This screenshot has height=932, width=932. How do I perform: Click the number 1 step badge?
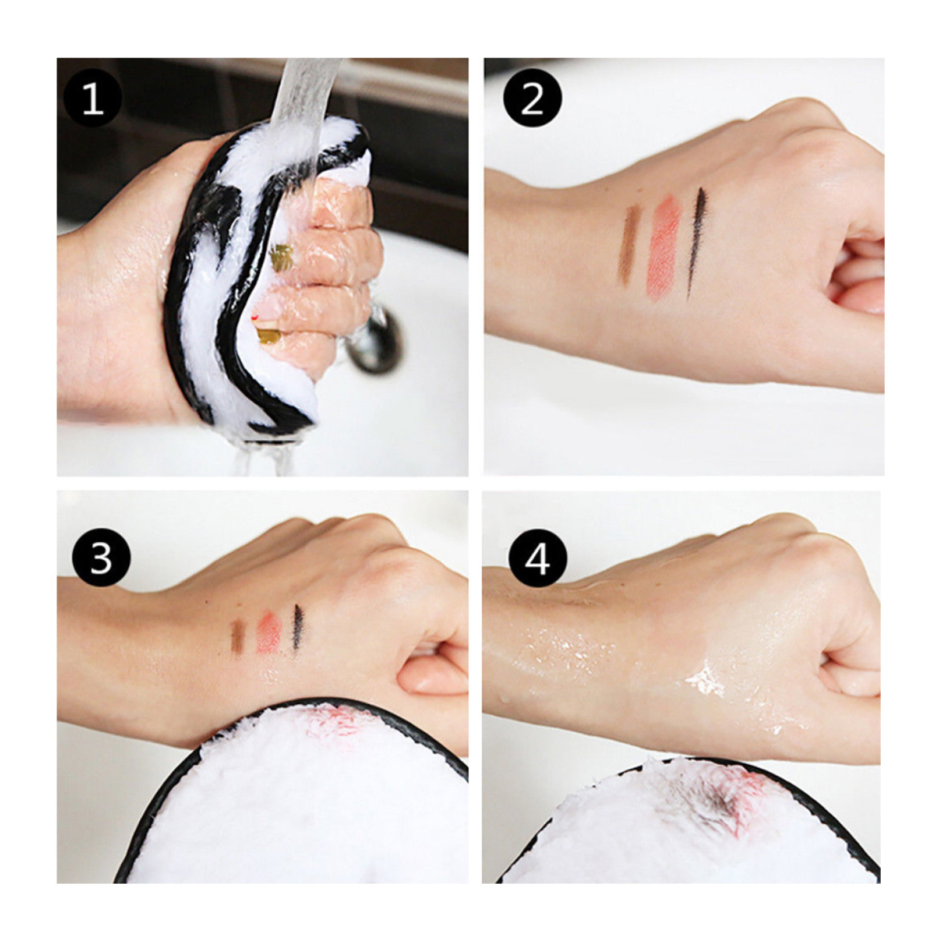(x=92, y=98)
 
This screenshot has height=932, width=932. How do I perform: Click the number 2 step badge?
(x=532, y=98)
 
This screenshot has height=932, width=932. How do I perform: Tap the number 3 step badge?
(x=101, y=557)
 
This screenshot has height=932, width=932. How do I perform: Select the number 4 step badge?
(x=537, y=557)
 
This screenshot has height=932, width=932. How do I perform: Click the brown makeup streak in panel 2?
(x=630, y=245)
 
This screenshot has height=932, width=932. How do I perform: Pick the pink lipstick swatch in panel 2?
(x=664, y=248)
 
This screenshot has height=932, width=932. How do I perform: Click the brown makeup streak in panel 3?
(x=237, y=637)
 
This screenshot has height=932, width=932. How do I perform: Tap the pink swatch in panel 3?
(x=269, y=633)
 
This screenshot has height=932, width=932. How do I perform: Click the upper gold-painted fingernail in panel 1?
(x=281, y=257)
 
